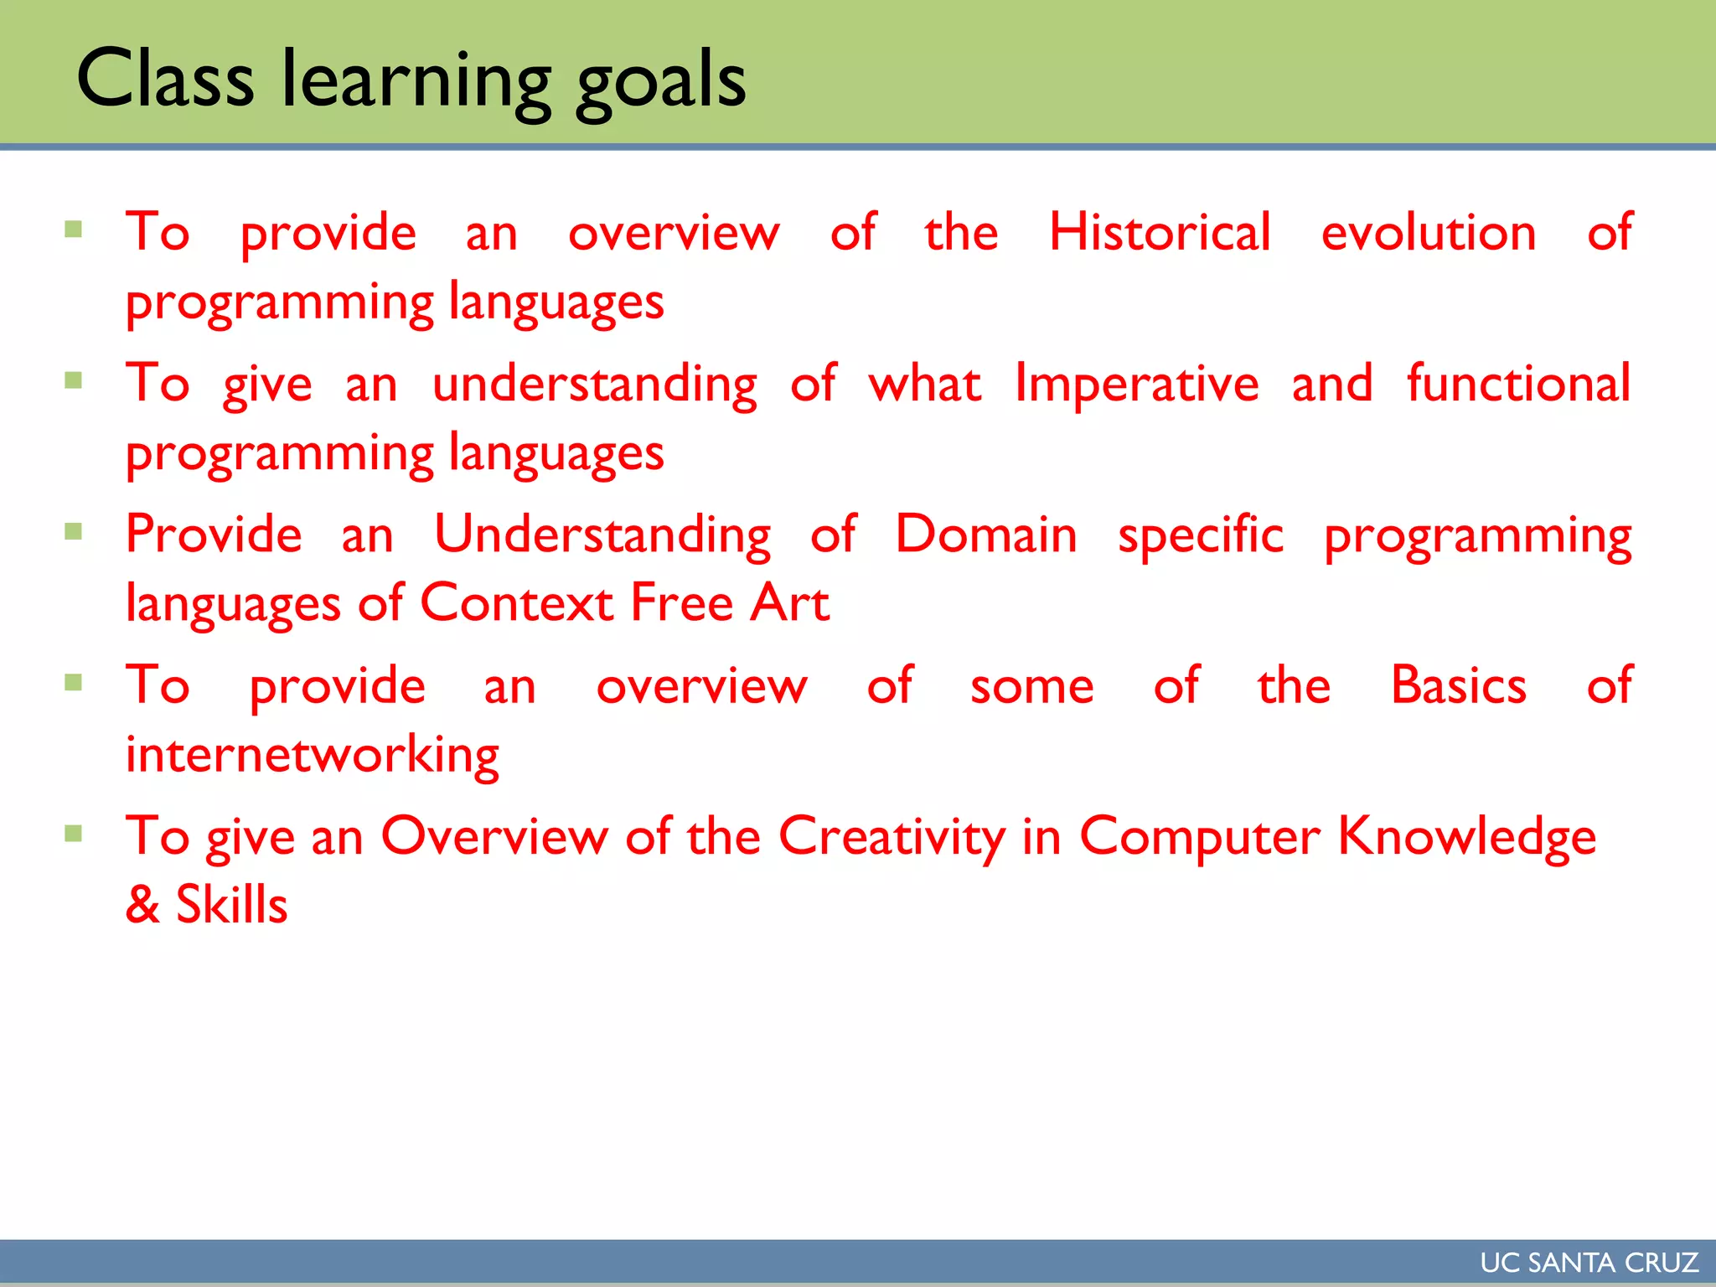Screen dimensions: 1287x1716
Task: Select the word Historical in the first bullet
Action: click(x=1160, y=232)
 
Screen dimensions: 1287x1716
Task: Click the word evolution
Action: click(x=1429, y=232)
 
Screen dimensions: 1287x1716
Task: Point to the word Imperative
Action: click(x=1136, y=384)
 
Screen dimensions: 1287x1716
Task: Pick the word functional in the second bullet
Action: click(x=1517, y=384)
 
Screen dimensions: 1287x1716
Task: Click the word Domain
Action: click(x=986, y=535)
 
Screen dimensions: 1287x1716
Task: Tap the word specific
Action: click(x=1200, y=536)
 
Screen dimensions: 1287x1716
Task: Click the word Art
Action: click(x=789, y=602)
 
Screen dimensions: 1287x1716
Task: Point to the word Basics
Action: click(x=1458, y=685)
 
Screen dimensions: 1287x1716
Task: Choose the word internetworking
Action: click(x=312, y=755)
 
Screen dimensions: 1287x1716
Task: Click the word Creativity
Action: click(x=892, y=837)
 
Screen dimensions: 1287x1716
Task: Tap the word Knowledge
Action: click(x=1466, y=837)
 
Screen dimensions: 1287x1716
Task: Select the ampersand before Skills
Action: click(x=142, y=905)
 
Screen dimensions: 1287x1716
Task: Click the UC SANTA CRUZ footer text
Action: click(x=1589, y=1263)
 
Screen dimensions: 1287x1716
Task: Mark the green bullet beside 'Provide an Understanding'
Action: click(x=74, y=531)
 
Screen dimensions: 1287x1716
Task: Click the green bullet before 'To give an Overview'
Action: click(x=74, y=834)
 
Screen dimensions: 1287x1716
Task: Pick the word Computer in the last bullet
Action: click(x=1199, y=837)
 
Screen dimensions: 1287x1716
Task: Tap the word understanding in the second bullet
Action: click(x=595, y=385)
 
